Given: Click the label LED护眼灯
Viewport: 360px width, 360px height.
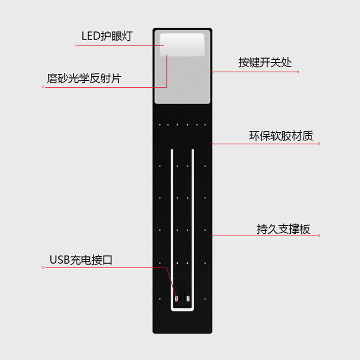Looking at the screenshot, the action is click(107, 36).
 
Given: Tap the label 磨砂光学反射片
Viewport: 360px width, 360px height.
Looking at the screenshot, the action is click(84, 78).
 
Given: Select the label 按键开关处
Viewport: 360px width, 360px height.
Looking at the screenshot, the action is click(265, 62).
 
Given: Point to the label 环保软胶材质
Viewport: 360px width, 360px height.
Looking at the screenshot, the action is click(281, 135).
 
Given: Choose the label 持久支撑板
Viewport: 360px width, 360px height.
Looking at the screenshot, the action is click(283, 229).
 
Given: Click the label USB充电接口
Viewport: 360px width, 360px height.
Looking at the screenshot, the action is click(81, 260).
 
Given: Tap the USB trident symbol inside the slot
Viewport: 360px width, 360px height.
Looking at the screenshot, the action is click(182, 286).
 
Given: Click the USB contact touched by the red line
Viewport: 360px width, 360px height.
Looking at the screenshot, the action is click(176, 297).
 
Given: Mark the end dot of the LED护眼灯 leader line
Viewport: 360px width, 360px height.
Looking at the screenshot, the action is click(76, 45).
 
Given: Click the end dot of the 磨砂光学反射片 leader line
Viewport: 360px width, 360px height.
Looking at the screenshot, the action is click(43, 87).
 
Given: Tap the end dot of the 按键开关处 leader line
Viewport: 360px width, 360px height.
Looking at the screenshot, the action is click(299, 71).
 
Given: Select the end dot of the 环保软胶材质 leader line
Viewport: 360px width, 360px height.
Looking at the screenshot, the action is click(319, 144).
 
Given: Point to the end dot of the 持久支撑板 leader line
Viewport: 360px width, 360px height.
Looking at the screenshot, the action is click(320, 235).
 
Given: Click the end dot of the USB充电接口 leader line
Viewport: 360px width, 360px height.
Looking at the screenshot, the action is click(43, 267).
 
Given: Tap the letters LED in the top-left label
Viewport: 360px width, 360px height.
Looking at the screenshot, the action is click(90, 36).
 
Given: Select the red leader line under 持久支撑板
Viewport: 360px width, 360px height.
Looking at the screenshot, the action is click(265, 235).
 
